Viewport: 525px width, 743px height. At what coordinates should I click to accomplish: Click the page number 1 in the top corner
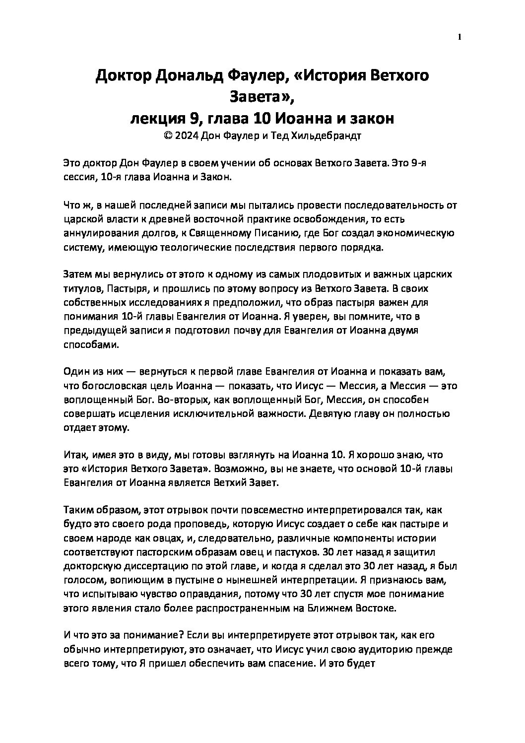tap(460, 37)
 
